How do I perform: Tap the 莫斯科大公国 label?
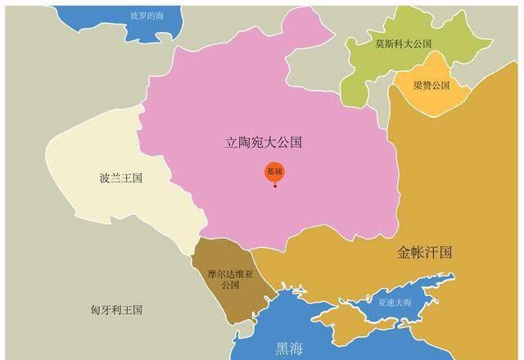click(403, 43)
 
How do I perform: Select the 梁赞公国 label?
click(431, 85)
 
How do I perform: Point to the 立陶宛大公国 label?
click(264, 142)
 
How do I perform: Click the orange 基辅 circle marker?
click(274, 172)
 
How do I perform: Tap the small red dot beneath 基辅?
click(275, 186)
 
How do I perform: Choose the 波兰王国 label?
click(120, 177)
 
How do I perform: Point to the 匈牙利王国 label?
click(116, 310)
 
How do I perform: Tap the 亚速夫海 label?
click(395, 302)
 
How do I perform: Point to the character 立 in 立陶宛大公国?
click(232, 142)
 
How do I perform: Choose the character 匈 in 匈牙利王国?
click(95, 310)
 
